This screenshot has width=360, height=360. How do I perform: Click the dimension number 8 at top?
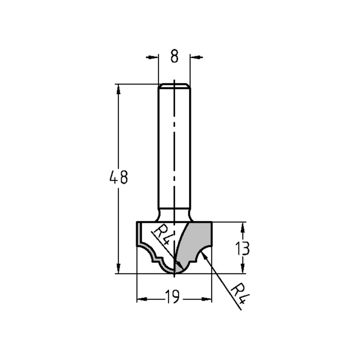click(x=174, y=57)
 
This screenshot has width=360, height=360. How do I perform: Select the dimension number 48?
click(x=118, y=178)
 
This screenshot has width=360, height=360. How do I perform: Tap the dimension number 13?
click(x=243, y=248)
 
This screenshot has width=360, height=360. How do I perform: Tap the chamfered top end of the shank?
click(x=174, y=86)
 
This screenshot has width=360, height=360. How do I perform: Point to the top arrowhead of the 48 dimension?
click(x=118, y=89)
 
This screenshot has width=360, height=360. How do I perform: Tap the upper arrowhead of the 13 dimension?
click(x=243, y=227)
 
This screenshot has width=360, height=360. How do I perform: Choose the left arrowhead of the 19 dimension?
click(x=142, y=299)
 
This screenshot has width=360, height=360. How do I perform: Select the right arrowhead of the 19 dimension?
click(x=207, y=299)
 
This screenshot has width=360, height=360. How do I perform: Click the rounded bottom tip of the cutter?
click(x=174, y=272)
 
